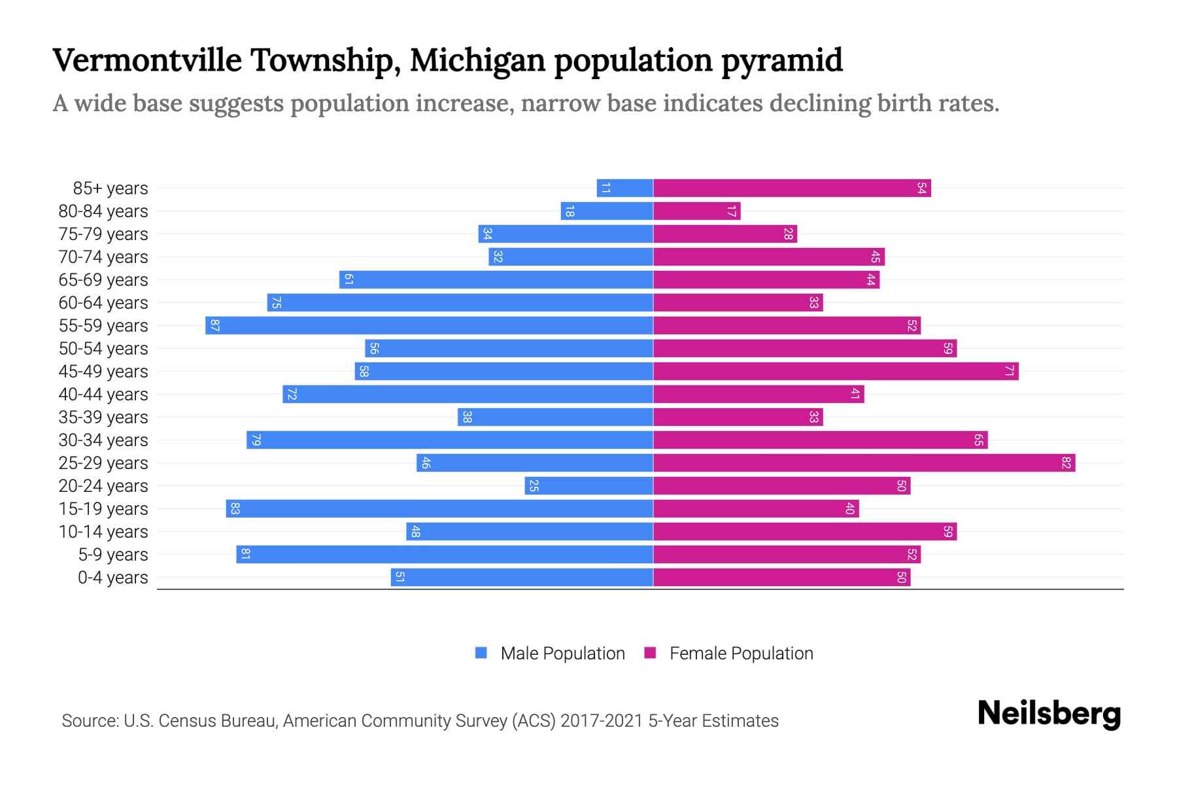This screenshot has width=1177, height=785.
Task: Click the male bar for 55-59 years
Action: [x=429, y=325]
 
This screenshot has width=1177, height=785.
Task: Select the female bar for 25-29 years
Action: [x=864, y=462]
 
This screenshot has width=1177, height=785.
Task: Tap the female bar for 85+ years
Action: [x=791, y=188]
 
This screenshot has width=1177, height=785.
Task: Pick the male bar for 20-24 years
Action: [x=588, y=485]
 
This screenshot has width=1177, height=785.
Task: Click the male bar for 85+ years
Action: [x=624, y=188]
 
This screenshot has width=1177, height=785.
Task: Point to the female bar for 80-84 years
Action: [x=696, y=211]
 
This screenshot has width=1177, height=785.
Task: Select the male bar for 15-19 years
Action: [x=439, y=508]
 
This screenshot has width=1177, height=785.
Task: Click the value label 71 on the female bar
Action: [x=1009, y=371]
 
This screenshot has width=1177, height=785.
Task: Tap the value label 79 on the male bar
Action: [x=256, y=440]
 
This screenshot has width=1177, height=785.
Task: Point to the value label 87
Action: [x=214, y=325]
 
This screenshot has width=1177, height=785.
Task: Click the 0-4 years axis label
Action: [x=112, y=578]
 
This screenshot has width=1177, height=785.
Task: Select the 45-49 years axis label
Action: [x=103, y=372]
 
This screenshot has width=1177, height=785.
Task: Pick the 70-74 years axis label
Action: [x=103, y=257]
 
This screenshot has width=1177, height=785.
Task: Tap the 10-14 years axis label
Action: [x=103, y=532]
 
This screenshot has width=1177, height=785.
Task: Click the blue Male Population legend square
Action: [x=481, y=653]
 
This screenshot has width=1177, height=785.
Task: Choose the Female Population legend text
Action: [x=741, y=653]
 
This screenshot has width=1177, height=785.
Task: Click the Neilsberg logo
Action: [x=1049, y=714]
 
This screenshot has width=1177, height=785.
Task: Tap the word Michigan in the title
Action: [x=477, y=60]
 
